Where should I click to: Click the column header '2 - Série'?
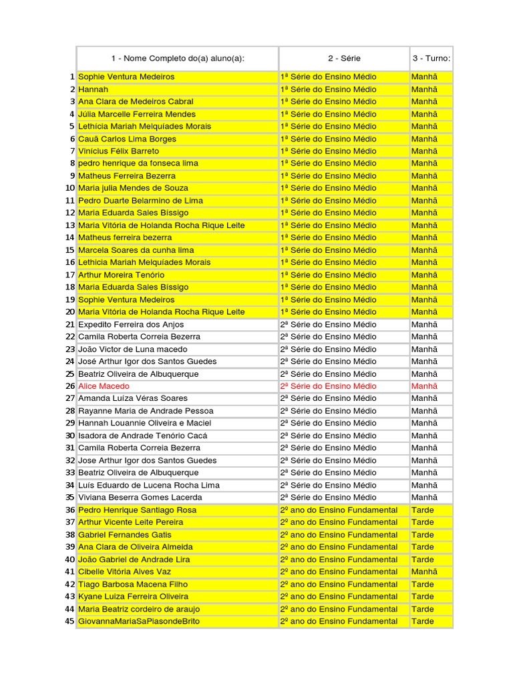(x=344, y=59)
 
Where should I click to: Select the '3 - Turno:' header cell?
(x=431, y=59)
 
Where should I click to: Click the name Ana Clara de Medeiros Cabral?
(x=136, y=101)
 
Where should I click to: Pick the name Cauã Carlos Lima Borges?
(x=127, y=139)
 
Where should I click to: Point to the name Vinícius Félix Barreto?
(x=119, y=151)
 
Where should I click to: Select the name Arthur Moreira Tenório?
(x=121, y=275)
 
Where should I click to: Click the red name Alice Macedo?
(x=104, y=386)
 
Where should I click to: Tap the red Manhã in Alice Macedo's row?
(x=425, y=386)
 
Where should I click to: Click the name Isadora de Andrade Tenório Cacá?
(x=142, y=436)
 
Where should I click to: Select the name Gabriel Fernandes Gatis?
(x=124, y=534)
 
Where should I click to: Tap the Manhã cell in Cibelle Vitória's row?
(x=425, y=572)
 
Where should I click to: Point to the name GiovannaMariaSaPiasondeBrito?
(x=139, y=621)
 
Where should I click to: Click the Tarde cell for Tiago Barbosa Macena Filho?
(x=423, y=584)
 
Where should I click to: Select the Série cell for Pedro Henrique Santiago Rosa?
(x=339, y=510)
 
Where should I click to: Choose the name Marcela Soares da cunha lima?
(x=136, y=250)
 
